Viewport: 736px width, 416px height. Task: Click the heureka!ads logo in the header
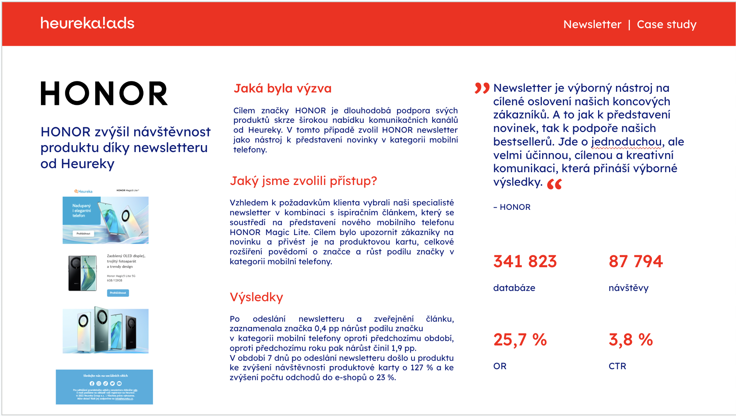tap(87, 23)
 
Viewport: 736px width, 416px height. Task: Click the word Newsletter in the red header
tap(592, 24)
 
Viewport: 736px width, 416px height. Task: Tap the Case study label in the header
tap(666, 24)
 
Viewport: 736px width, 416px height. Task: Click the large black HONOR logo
tap(104, 94)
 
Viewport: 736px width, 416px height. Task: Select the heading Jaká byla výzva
tap(282, 88)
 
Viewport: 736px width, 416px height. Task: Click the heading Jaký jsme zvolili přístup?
tap(303, 181)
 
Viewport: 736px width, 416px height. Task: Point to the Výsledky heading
tap(256, 297)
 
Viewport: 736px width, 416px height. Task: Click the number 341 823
tap(525, 261)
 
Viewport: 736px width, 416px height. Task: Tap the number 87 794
tap(636, 261)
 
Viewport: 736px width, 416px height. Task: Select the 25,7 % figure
tap(520, 340)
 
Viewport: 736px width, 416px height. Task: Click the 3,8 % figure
tap(631, 340)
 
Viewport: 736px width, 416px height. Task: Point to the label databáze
tap(514, 288)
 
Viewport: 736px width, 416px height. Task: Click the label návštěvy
tap(628, 288)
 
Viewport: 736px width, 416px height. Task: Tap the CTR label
tap(617, 366)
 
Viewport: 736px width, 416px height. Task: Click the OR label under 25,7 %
tap(500, 366)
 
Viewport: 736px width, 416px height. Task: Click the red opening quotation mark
tap(482, 88)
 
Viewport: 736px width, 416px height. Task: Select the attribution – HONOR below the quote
tap(512, 207)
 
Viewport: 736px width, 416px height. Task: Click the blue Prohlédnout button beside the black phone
tap(118, 293)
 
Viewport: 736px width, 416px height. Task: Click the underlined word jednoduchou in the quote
tap(626, 142)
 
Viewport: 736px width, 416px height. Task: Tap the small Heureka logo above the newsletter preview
tap(83, 191)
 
